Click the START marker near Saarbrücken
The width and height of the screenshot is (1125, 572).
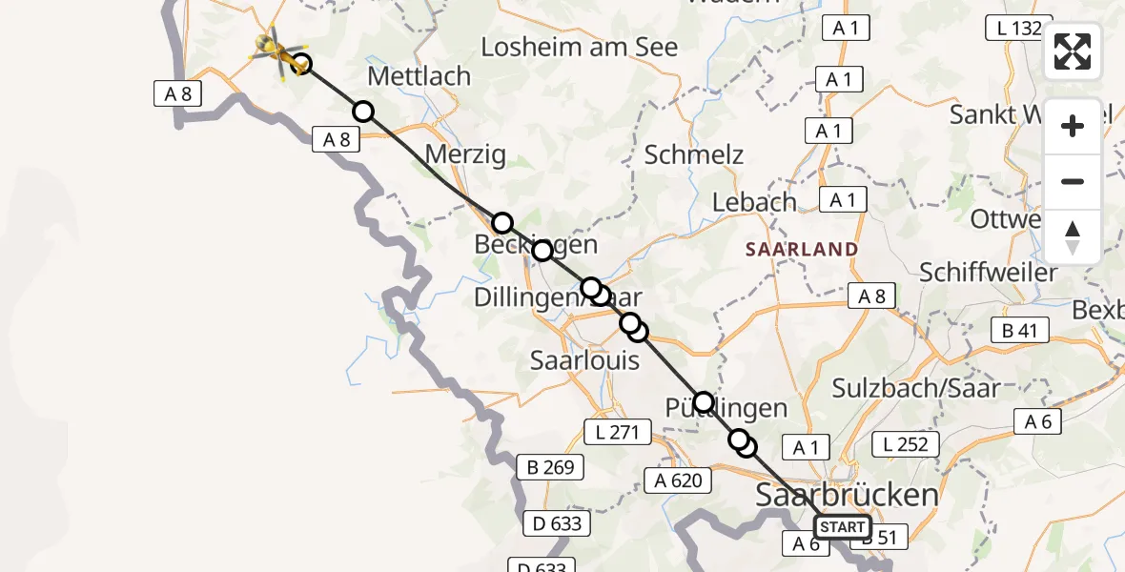tap(842, 527)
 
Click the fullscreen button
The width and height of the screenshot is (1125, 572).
tap(1073, 51)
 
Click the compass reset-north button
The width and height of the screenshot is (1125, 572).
tap(1073, 237)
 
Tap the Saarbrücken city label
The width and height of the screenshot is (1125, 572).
tap(847, 496)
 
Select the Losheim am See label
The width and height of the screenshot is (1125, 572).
tap(580, 47)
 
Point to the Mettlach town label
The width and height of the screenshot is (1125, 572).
tap(419, 76)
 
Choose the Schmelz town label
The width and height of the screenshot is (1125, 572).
tap(693, 154)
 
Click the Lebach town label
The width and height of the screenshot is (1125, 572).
tap(754, 202)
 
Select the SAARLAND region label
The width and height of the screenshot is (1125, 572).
tap(801, 249)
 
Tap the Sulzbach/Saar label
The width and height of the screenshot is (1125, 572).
tap(915, 387)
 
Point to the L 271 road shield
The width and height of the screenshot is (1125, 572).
tap(616, 433)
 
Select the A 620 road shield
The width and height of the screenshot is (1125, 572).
tap(678, 480)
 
